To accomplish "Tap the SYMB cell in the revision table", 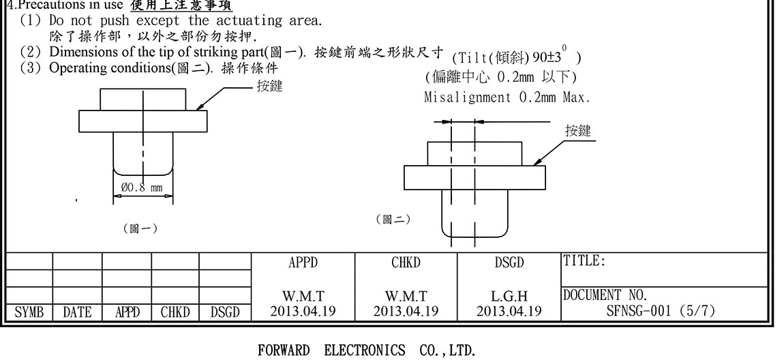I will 29,312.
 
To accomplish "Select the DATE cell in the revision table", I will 77,312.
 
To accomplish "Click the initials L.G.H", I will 509,297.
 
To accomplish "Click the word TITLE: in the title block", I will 584,261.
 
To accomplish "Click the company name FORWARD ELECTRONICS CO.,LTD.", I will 366,351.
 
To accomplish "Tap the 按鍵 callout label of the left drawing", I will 269,86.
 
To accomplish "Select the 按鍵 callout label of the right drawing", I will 578,131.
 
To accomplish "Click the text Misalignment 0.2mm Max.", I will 507,97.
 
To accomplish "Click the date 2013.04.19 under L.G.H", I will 509,312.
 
